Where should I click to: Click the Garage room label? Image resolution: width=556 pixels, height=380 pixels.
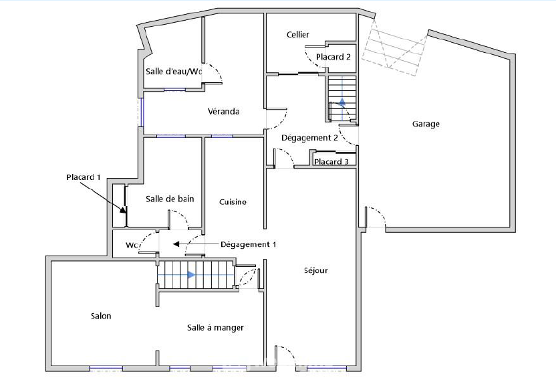click(426, 124)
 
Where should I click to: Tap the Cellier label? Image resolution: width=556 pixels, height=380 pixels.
click(298, 34)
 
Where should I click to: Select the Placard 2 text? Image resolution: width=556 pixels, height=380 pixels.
click(333, 57)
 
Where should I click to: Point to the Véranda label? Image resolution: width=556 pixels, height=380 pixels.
click(223, 112)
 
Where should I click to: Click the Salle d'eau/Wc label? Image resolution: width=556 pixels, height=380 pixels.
click(174, 72)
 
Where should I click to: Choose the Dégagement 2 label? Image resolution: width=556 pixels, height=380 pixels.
click(309, 138)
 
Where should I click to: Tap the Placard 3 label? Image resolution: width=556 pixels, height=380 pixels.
click(331, 162)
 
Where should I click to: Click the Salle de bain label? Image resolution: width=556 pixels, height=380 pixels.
click(170, 199)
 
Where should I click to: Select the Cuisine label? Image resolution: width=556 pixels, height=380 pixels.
click(233, 202)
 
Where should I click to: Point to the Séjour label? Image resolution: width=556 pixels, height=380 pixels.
click(316, 271)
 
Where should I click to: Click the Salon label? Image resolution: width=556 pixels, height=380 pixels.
click(101, 316)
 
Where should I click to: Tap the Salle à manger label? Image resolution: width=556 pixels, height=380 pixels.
click(216, 328)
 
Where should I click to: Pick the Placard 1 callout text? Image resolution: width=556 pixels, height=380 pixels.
click(84, 177)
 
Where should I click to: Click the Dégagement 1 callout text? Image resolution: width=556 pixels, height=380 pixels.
click(248, 244)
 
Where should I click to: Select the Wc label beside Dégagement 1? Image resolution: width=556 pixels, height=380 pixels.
click(132, 246)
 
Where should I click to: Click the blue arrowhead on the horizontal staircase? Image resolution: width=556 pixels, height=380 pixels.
click(191, 275)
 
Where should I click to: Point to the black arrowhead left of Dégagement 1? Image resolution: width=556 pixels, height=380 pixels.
click(176, 244)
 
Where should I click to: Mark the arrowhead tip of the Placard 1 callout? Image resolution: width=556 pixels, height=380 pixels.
click(126, 213)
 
